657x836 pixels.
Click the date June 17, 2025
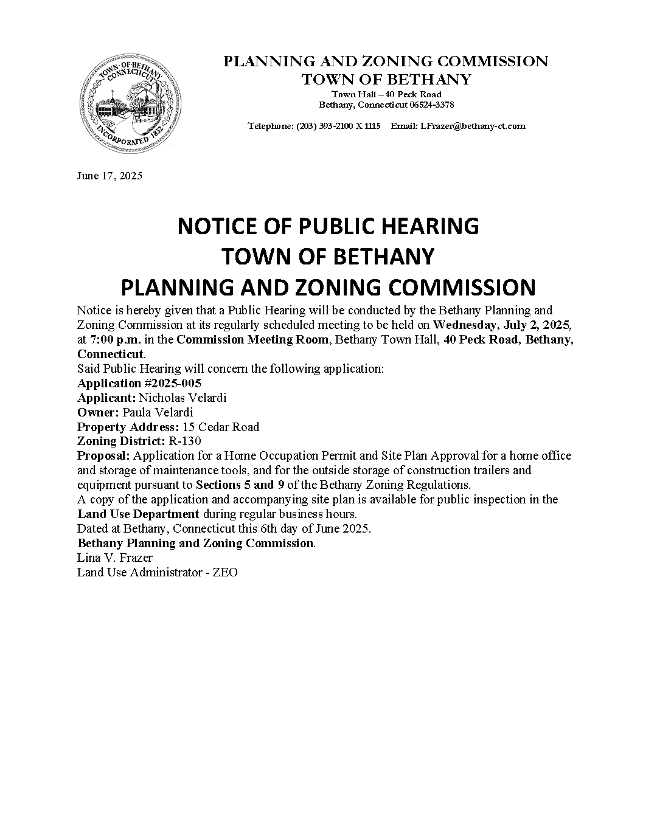tap(109, 176)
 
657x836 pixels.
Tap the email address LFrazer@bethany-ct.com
tap(466, 126)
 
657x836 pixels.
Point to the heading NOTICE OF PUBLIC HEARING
tap(328, 226)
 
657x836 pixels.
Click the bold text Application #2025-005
tap(139, 383)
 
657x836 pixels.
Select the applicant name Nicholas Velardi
tap(182, 398)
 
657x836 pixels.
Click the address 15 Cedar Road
tap(220, 427)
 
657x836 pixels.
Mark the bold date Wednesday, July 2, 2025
tap(502, 325)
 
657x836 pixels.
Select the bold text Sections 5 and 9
tap(240, 485)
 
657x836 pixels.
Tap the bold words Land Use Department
tap(138, 514)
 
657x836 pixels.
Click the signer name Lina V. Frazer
tap(114, 558)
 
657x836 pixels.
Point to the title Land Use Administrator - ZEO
tap(157, 573)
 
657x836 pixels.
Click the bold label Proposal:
tap(103, 456)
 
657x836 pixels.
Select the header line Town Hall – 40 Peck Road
tap(386, 94)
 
